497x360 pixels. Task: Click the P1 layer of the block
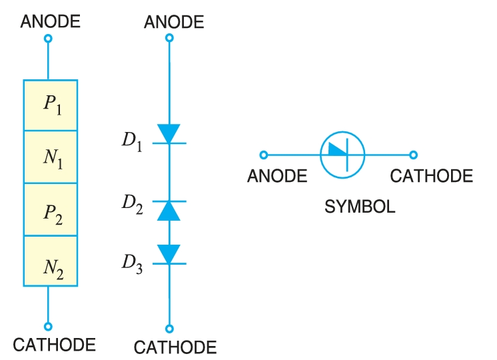click(51, 105)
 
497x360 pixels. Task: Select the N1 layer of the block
click(51, 157)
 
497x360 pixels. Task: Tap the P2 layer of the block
click(51, 209)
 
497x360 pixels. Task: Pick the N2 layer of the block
click(51, 261)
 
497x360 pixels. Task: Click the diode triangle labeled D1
click(169, 133)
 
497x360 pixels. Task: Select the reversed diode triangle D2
click(169, 210)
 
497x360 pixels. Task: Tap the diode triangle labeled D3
click(169, 254)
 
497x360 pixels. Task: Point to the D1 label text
click(132, 142)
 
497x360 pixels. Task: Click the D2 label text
click(132, 205)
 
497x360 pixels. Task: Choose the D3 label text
click(132, 262)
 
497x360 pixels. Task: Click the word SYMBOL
click(360, 207)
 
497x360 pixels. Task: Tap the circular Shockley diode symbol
click(342, 155)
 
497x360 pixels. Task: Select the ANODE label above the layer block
click(51, 21)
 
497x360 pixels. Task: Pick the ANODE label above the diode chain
click(174, 22)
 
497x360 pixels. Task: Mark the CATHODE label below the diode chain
click(175, 347)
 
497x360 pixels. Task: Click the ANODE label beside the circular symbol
click(277, 177)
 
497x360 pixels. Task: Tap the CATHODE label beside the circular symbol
click(432, 177)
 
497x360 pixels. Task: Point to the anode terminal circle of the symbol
click(264, 155)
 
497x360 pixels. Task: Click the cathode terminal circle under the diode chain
click(170, 328)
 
